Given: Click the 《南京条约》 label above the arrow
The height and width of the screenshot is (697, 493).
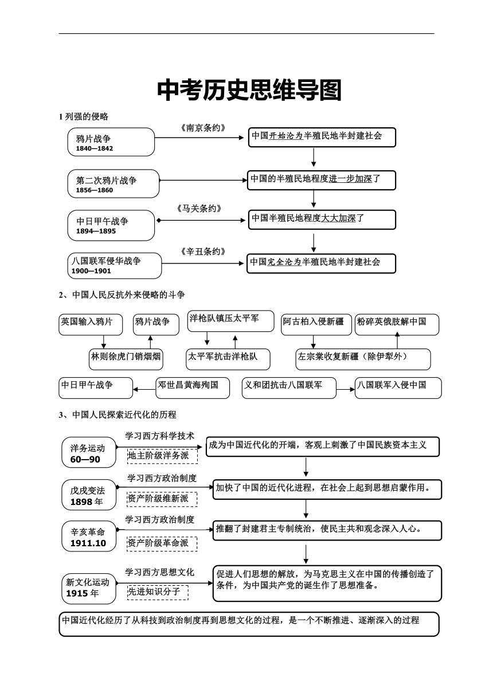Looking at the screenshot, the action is pos(203,128).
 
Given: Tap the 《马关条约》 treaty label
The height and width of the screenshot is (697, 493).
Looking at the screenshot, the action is pos(199,209).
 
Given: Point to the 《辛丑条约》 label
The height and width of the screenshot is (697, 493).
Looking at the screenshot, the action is pos(203,252).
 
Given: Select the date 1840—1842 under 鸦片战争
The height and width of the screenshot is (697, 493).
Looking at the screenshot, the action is pos(95,148).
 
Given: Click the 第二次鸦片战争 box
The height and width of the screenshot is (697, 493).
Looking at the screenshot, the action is pos(114,183).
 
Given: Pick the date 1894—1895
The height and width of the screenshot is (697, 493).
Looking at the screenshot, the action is pos(96,231).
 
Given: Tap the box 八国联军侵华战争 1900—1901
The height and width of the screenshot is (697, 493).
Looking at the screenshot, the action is pos(115,266).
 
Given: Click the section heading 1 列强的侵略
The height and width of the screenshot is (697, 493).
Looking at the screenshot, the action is pos(84,117).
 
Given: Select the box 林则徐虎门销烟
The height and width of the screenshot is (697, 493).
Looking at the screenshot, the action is pos(126,359).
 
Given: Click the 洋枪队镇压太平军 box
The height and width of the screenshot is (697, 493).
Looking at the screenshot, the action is pos(230,321).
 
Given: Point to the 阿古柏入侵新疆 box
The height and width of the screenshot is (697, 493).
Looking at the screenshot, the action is pos(316,324).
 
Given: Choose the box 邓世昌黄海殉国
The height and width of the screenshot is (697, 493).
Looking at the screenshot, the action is pos(193,388).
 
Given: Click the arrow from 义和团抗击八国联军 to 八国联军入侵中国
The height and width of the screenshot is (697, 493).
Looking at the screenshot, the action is pos(346,390).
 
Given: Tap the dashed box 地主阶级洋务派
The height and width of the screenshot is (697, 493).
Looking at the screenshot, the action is pos(162,456).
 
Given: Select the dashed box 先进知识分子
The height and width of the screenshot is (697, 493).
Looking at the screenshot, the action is pos(158,593).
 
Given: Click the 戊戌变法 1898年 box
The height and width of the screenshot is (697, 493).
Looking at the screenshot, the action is pos(89,495).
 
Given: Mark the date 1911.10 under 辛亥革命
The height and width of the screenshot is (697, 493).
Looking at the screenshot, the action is pos(88,543).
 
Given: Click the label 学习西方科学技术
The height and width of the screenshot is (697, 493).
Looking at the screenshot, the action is pos(160,436).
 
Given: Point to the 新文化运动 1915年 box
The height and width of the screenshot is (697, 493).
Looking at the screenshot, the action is pos(89,589).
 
